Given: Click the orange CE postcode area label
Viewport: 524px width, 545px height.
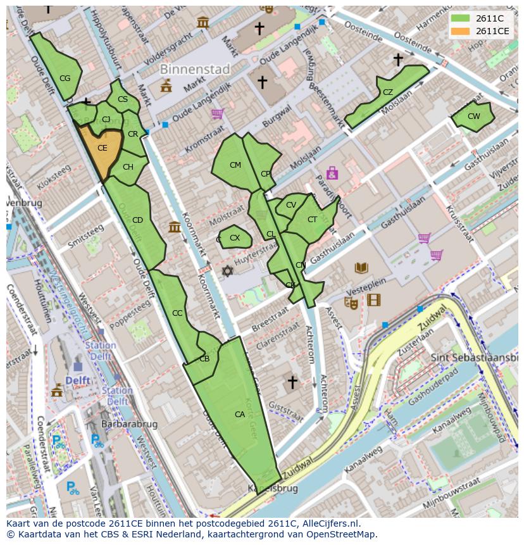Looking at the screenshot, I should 102,148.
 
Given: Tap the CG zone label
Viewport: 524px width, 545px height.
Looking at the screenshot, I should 65,78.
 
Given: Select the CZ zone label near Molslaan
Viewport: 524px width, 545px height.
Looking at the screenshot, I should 387,92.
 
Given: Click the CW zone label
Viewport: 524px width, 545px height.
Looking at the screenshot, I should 473,116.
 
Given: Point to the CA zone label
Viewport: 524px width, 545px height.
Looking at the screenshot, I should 240,415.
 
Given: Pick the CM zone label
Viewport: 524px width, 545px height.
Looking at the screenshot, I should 235,165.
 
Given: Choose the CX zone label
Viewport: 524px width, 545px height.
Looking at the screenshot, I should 235,238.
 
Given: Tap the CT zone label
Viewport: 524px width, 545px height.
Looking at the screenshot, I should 312,220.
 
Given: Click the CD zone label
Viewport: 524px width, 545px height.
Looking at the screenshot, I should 137,220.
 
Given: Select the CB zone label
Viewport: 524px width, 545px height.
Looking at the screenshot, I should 204,359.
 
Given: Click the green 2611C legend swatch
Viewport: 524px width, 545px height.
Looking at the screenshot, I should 461,18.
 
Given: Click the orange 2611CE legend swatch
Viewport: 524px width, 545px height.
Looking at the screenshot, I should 461,31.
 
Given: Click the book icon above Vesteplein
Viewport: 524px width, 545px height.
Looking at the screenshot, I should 361,268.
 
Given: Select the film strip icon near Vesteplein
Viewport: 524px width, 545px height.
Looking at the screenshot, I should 373,300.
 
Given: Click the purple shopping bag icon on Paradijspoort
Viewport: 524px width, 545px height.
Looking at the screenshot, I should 332,173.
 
